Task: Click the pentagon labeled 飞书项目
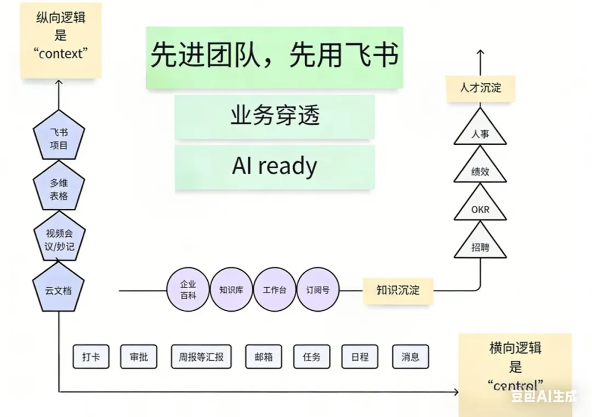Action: [59, 139]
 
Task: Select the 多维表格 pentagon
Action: [59, 189]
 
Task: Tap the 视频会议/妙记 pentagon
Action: [59, 239]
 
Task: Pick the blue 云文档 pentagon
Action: [59, 289]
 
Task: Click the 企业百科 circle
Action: [188, 289]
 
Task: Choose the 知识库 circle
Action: [231, 290]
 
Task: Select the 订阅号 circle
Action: [318, 290]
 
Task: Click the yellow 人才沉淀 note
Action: [480, 87]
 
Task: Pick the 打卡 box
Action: [90, 357]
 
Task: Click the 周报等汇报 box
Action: [201, 357]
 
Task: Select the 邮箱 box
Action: [263, 357]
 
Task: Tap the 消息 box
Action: [410, 357]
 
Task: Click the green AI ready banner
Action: [275, 167]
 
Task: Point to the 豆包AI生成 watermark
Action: [544, 396]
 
